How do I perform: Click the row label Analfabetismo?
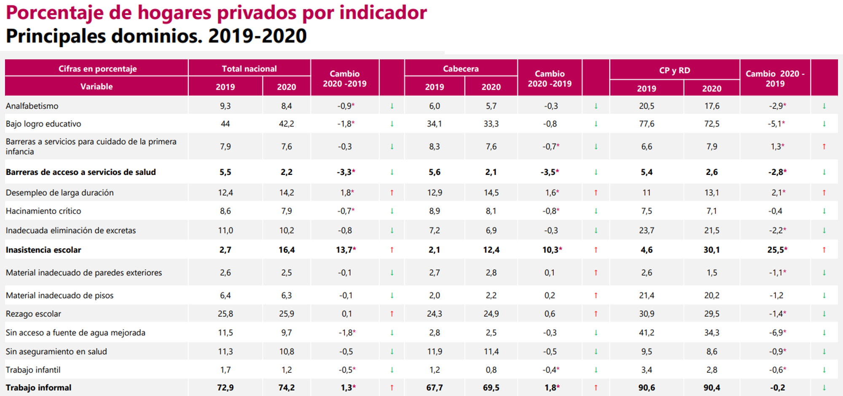click(x=32, y=106)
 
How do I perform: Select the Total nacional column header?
click(x=249, y=68)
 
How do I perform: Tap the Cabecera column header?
click(x=461, y=68)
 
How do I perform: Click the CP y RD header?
click(x=674, y=70)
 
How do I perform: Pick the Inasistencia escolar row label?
click(x=43, y=250)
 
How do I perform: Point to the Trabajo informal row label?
click(x=38, y=388)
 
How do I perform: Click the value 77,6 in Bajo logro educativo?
click(x=646, y=124)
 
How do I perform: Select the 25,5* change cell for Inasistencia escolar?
click(x=777, y=250)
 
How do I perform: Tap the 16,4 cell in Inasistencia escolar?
click(x=286, y=250)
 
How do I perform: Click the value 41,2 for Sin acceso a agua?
click(x=646, y=333)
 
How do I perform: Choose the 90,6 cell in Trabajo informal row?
click(x=646, y=388)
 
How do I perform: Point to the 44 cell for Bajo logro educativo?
click(x=225, y=124)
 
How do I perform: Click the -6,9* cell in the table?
click(x=777, y=333)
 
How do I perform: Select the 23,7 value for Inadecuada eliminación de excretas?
click(x=646, y=230)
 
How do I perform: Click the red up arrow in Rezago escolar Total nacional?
click(x=392, y=314)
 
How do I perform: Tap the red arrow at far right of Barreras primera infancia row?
click(x=824, y=147)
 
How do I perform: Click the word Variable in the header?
click(x=97, y=86)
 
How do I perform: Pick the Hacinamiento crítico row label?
click(x=43, y=211)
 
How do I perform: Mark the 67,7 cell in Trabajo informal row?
click(x=434, y=388)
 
